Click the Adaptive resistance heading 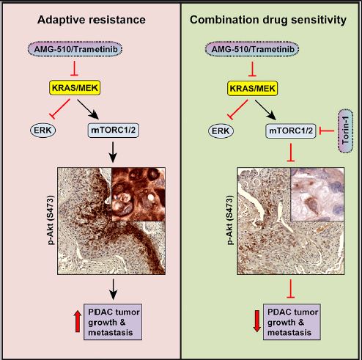92,20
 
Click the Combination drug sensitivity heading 268,20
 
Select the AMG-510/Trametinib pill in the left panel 75,49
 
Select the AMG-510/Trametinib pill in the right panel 253,49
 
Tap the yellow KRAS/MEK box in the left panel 75,88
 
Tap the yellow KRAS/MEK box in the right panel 253,88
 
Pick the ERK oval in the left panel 43,130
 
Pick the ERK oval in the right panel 221,131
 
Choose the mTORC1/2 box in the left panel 113,130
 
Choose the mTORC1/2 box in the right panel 291,131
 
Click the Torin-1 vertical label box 346,131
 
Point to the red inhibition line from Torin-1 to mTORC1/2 327,131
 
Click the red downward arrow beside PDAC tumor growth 256,321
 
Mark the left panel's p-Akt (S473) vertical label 51,220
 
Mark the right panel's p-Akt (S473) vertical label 230,220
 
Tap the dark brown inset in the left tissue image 138,194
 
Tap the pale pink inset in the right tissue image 317,194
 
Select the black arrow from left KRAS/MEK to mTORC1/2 88,109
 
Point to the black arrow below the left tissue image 113,289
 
